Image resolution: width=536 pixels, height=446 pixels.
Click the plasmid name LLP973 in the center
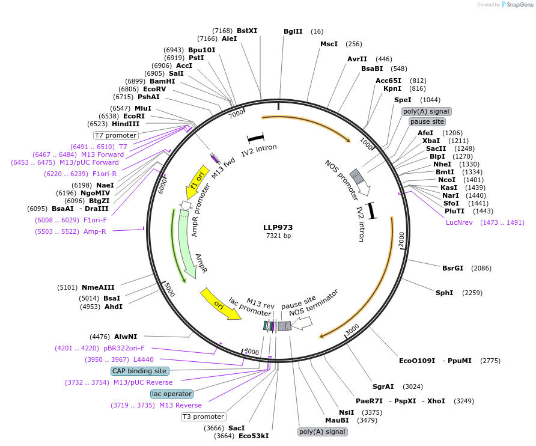tap(278, 227)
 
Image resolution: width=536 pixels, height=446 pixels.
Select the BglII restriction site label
tap(294, 31)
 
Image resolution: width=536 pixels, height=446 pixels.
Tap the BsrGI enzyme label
tap(452, 268)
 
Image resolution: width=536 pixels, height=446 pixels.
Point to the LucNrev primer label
tap(459, 222)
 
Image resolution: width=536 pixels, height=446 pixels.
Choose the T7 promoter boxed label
tap(115, 135)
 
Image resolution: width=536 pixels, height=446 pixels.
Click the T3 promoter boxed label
tap(203, 417)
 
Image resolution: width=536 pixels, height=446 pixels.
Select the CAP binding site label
tap(139, 371)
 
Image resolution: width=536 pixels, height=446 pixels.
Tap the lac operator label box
tap(172, 394)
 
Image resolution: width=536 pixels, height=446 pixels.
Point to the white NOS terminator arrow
tap(302, 323)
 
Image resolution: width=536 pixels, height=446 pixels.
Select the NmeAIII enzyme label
tap(98, 287)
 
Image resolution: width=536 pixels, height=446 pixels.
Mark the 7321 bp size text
tap(278, 236)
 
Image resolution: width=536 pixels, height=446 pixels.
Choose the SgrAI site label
tap(383, 386)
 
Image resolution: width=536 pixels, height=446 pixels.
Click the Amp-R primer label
tap(94, 231)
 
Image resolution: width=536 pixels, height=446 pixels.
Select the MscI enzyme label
tap(329, 44)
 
